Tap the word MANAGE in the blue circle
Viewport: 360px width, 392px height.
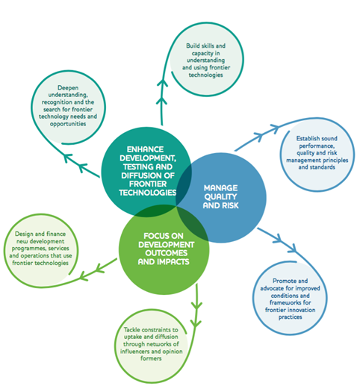point(222,190)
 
